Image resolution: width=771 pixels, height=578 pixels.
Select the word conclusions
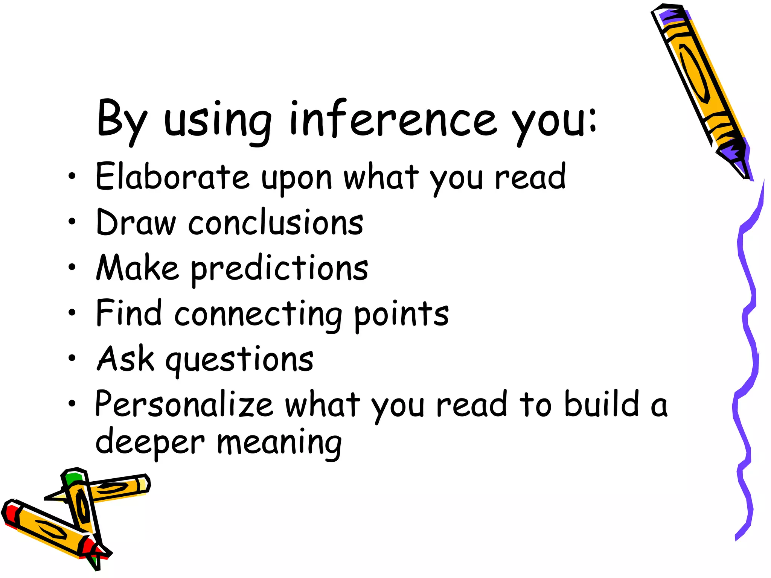point(276,223)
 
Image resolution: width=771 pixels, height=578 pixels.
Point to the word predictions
point(279,268)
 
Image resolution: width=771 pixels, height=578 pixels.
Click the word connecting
point(258,314)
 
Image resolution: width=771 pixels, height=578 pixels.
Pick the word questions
point(239,360)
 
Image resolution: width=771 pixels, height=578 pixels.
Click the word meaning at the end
point(279,443)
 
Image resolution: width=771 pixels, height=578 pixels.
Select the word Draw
point(136,223)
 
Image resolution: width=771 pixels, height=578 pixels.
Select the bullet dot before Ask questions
point(72,358)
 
